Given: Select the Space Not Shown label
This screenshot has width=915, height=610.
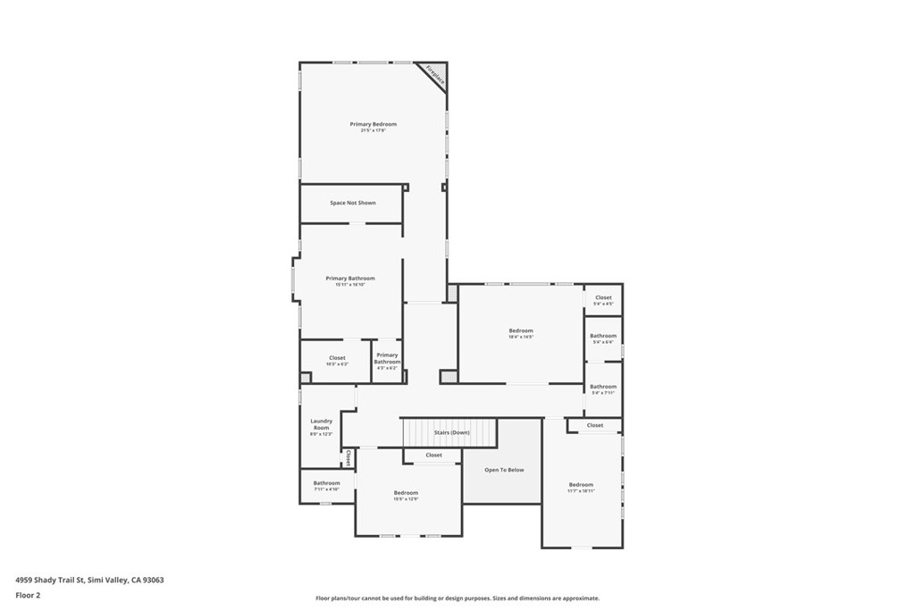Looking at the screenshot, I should (352, 203).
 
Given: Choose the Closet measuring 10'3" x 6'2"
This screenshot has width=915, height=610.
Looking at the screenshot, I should (337, 361).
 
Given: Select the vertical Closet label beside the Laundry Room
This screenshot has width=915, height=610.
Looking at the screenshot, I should (348, 457).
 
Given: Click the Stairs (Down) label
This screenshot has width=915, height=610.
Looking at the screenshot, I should (451, 432).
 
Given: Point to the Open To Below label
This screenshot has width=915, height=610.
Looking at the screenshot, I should (504, 470).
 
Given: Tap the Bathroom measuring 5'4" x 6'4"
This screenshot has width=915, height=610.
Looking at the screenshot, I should (603, 338).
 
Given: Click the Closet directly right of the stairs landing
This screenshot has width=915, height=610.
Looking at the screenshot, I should (595, 425).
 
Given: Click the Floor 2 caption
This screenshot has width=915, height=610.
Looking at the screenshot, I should (28, 595).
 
